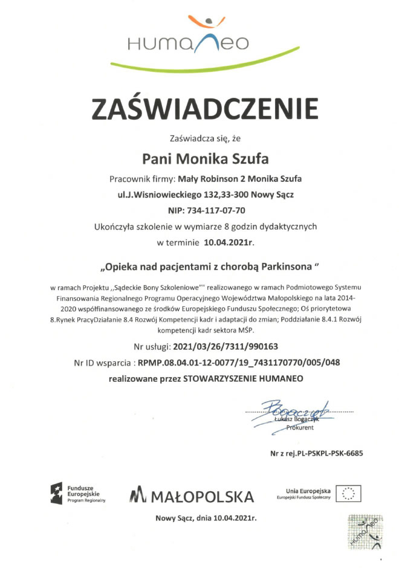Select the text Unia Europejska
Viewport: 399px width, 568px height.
[x=304, y=490]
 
